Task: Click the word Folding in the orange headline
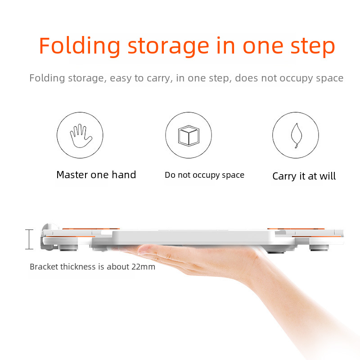coord(80,46)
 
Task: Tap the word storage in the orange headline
coord(168,48)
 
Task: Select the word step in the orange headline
coord(313,48)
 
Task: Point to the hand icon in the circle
coord(81,136)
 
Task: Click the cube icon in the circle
coord(189,136)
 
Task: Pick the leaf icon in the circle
coord(296,135)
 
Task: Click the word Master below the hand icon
coord(72,175)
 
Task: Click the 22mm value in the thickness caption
coord(143,267)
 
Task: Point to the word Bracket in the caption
coord(44,267)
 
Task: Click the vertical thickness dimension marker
coord(29,239)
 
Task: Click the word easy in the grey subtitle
coord(121,79)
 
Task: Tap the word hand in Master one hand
coord(124,175)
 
